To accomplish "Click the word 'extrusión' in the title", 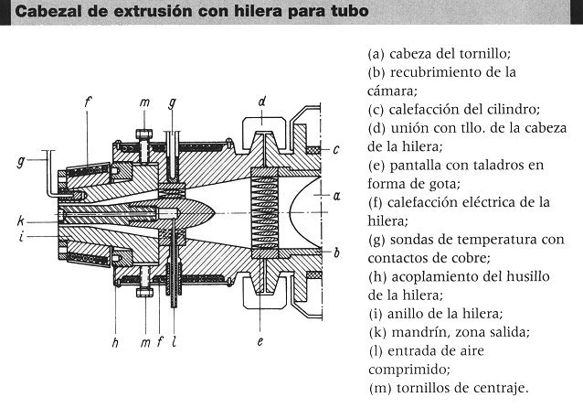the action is [154, 11].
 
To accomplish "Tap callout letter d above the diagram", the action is [262, 102].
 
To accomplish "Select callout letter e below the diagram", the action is [260, 341].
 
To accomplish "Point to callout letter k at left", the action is [21, 220].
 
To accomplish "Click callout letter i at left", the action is [22, 236].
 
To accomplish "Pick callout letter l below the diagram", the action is [174, 342].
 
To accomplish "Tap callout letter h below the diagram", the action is [115, 342].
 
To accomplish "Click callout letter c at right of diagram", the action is [336, 150].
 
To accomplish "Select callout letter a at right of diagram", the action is [337, 196].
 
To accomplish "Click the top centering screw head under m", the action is [144, 134].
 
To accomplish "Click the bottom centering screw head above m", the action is [144, 292].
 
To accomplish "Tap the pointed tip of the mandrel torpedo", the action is [215, 212].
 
